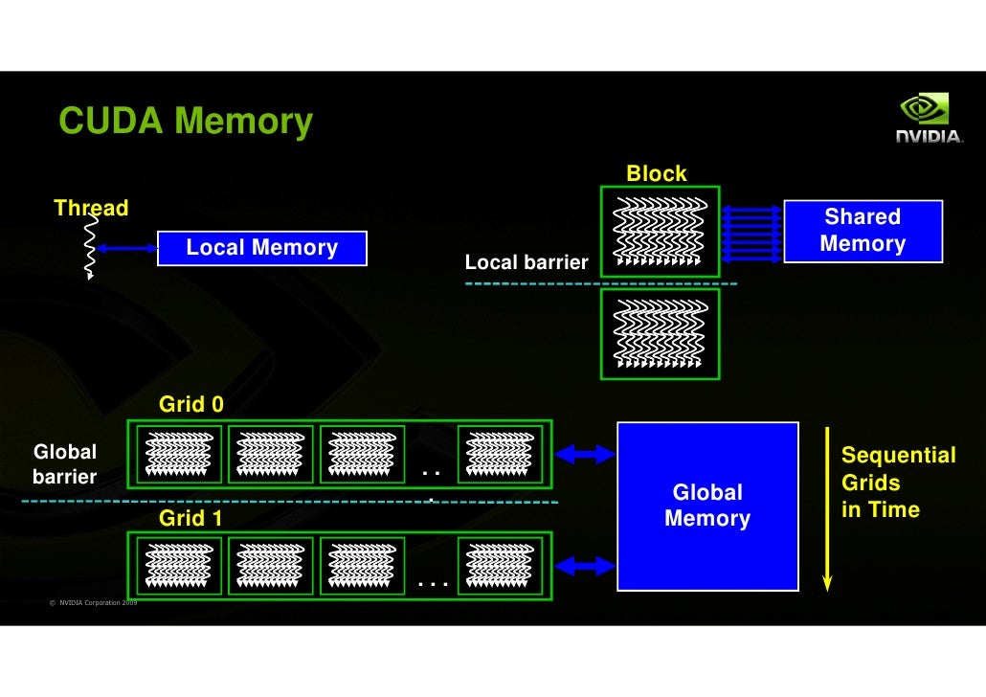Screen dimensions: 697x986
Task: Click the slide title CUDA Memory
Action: tap(186, 123)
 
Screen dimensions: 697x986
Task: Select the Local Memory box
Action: tap(261, 249)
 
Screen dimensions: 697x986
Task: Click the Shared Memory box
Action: tap(863, 231)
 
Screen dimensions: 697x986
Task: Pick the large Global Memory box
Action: tap(707, 506)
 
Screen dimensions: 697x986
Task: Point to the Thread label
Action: tap(91, 208)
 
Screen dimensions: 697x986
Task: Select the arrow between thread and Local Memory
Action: tap(126, 249)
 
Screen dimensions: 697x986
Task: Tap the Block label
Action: tap(656, 173)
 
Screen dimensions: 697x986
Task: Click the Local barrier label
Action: tap(526, 262)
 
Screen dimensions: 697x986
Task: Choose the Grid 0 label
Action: tap(191, 404)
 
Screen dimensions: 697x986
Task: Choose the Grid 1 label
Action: tap(191, 519)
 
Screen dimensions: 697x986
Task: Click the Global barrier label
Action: tap(65, 463)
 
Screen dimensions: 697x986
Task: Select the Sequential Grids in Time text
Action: tap(897, 483)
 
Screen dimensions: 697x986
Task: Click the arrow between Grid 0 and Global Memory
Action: tap(586, 454)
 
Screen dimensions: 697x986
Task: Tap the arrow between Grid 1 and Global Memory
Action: tap(586, 567)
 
